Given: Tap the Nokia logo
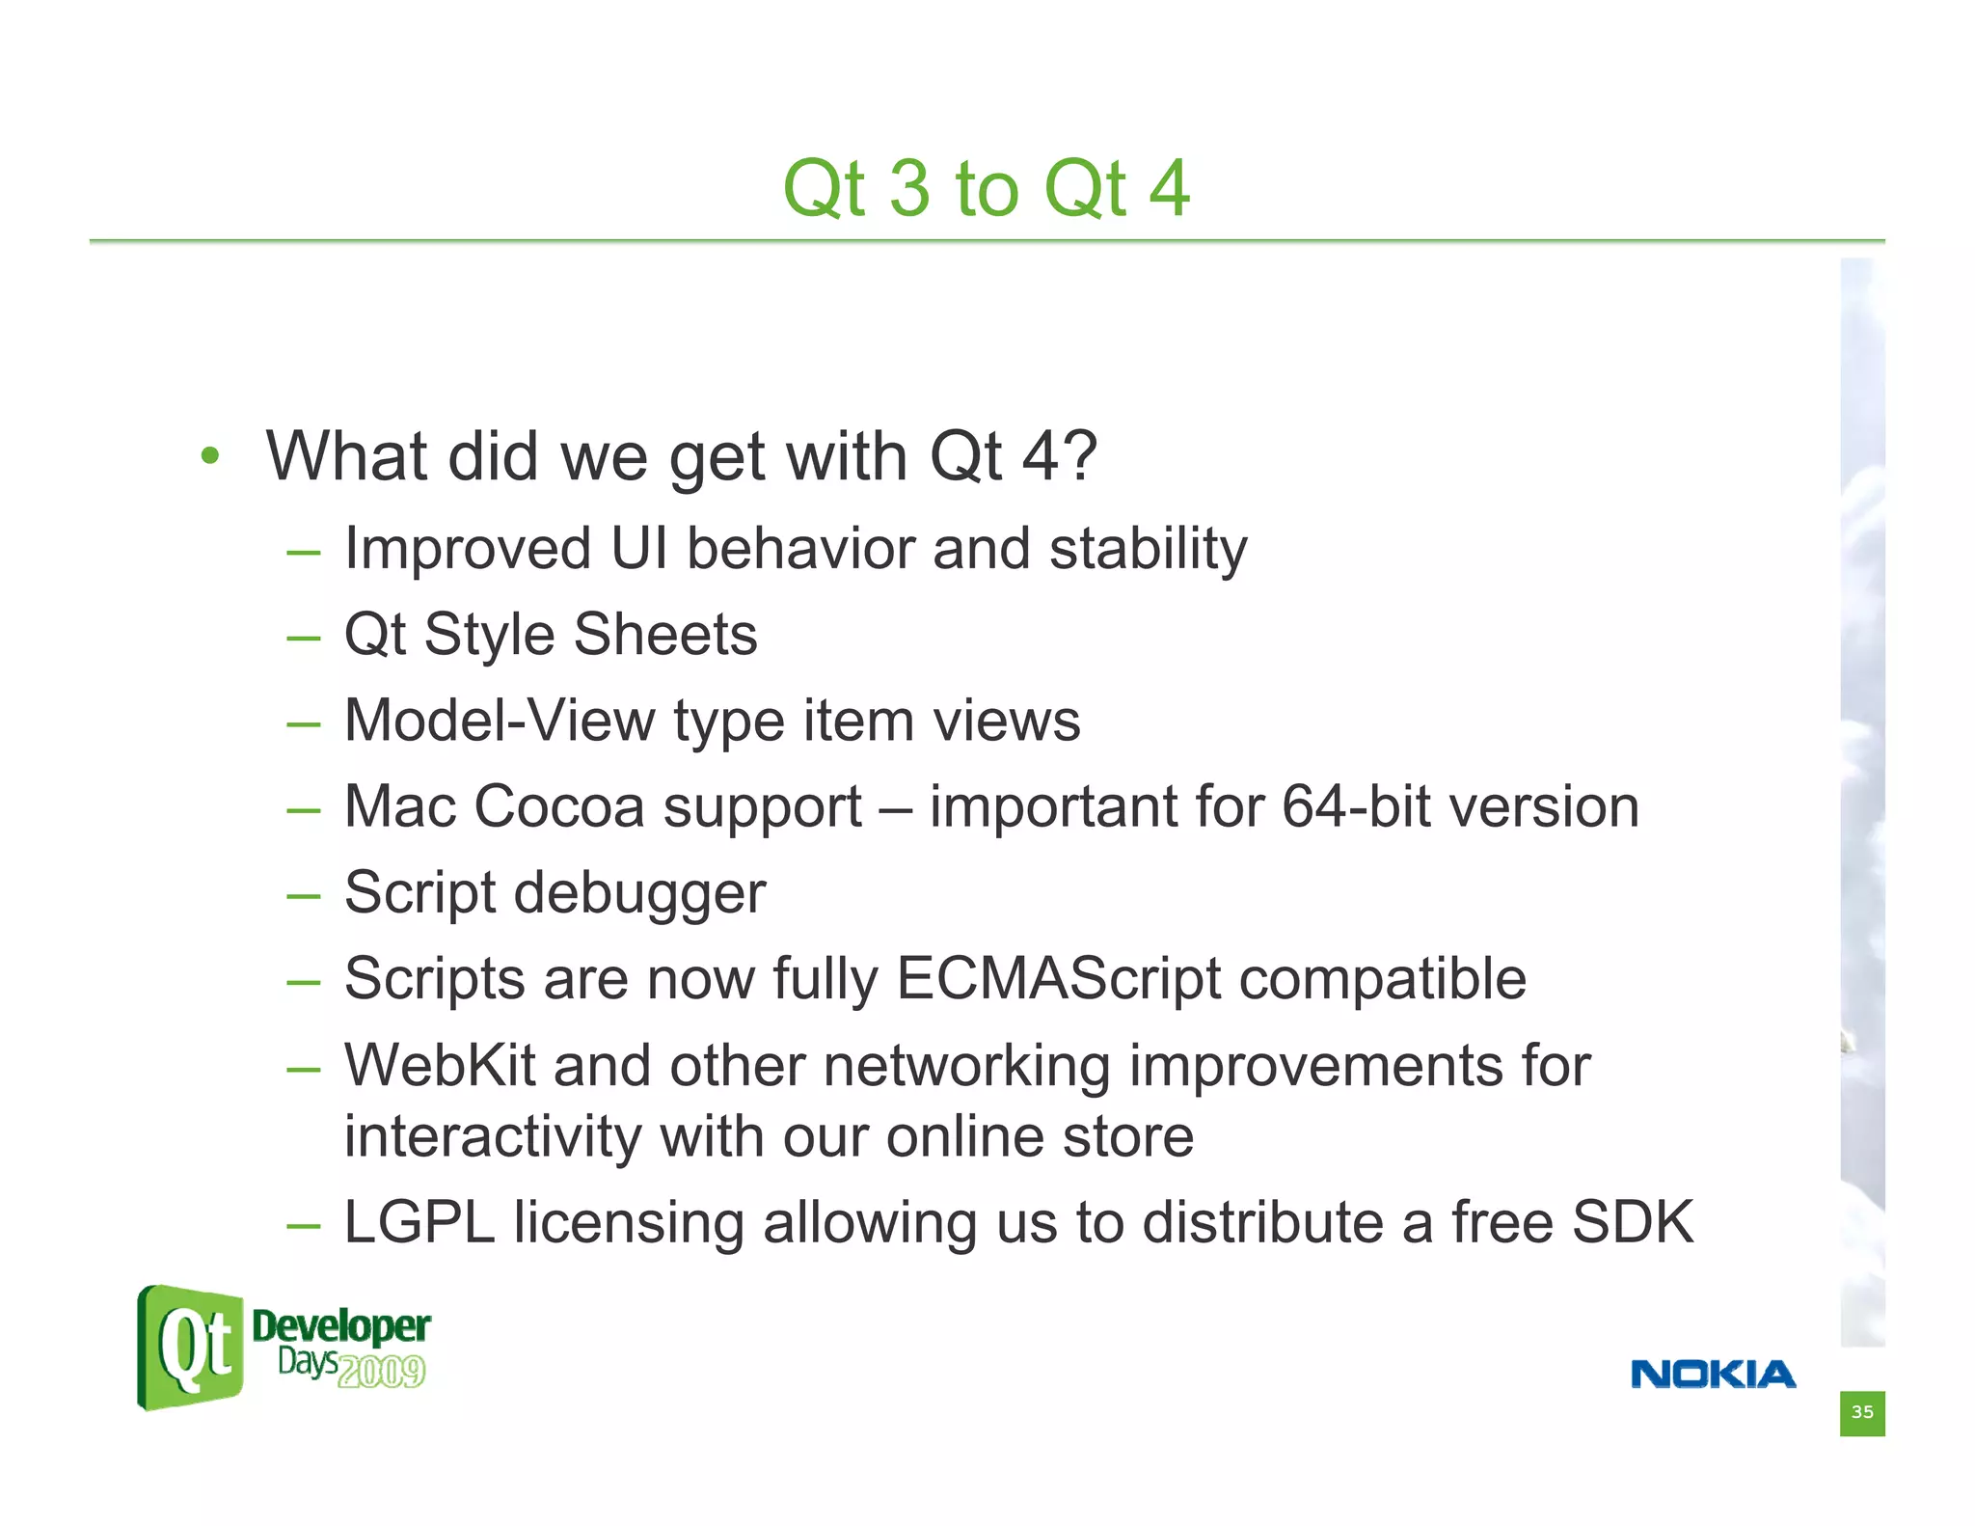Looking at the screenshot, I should click(x=1713, y=1375).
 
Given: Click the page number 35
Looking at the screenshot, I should click(x=1861, y=1412).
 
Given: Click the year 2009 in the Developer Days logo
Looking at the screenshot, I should click(x=382, y=1371).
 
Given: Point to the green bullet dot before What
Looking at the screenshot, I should click(x=210, y=456).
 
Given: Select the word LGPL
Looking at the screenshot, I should click(x=419, y=1222).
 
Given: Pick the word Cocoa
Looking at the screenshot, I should click(x=558, y=806).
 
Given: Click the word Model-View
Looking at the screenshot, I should click(x=499, y=721).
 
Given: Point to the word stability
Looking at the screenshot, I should click(x=1148, y=550).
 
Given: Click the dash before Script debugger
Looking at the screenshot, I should click(x=303, y=896).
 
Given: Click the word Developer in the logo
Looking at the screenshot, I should click(x=340, y=1326).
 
